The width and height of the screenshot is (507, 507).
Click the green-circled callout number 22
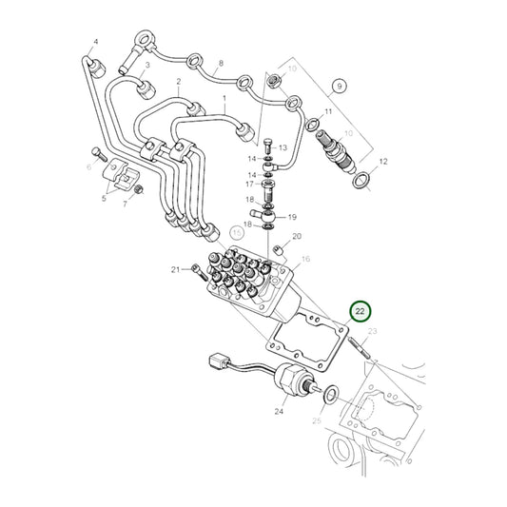click(x=360, y=311)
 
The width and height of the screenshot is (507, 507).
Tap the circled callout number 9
click(x=340, y=87)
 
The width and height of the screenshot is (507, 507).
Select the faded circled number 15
click(x=237, y=233)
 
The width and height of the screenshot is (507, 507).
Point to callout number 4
click(x=96, y=42)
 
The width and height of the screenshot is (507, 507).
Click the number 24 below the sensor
click(x=279, y=411)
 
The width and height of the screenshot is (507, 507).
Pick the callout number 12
click(x=383, y=162)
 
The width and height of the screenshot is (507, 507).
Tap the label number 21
click(x=175, y=269)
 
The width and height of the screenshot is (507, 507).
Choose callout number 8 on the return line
click(x=221, y=63)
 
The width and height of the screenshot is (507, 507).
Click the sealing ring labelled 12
click(x=361, y=180)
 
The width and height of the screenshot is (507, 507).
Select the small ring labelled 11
click(x=313, y=124)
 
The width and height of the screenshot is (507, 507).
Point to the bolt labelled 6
click(x=99, y=154)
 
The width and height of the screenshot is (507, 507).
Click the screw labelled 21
click(x=200, y=272)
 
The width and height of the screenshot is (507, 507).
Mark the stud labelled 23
click(x=360, y=347)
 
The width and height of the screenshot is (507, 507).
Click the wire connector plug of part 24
click(x=220, y=361)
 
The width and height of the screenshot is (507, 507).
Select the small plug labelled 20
click(x=279, y=250)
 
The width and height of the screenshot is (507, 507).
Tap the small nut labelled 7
click(x=139, y=188)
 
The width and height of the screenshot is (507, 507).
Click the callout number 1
click(x=224, y=98)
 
